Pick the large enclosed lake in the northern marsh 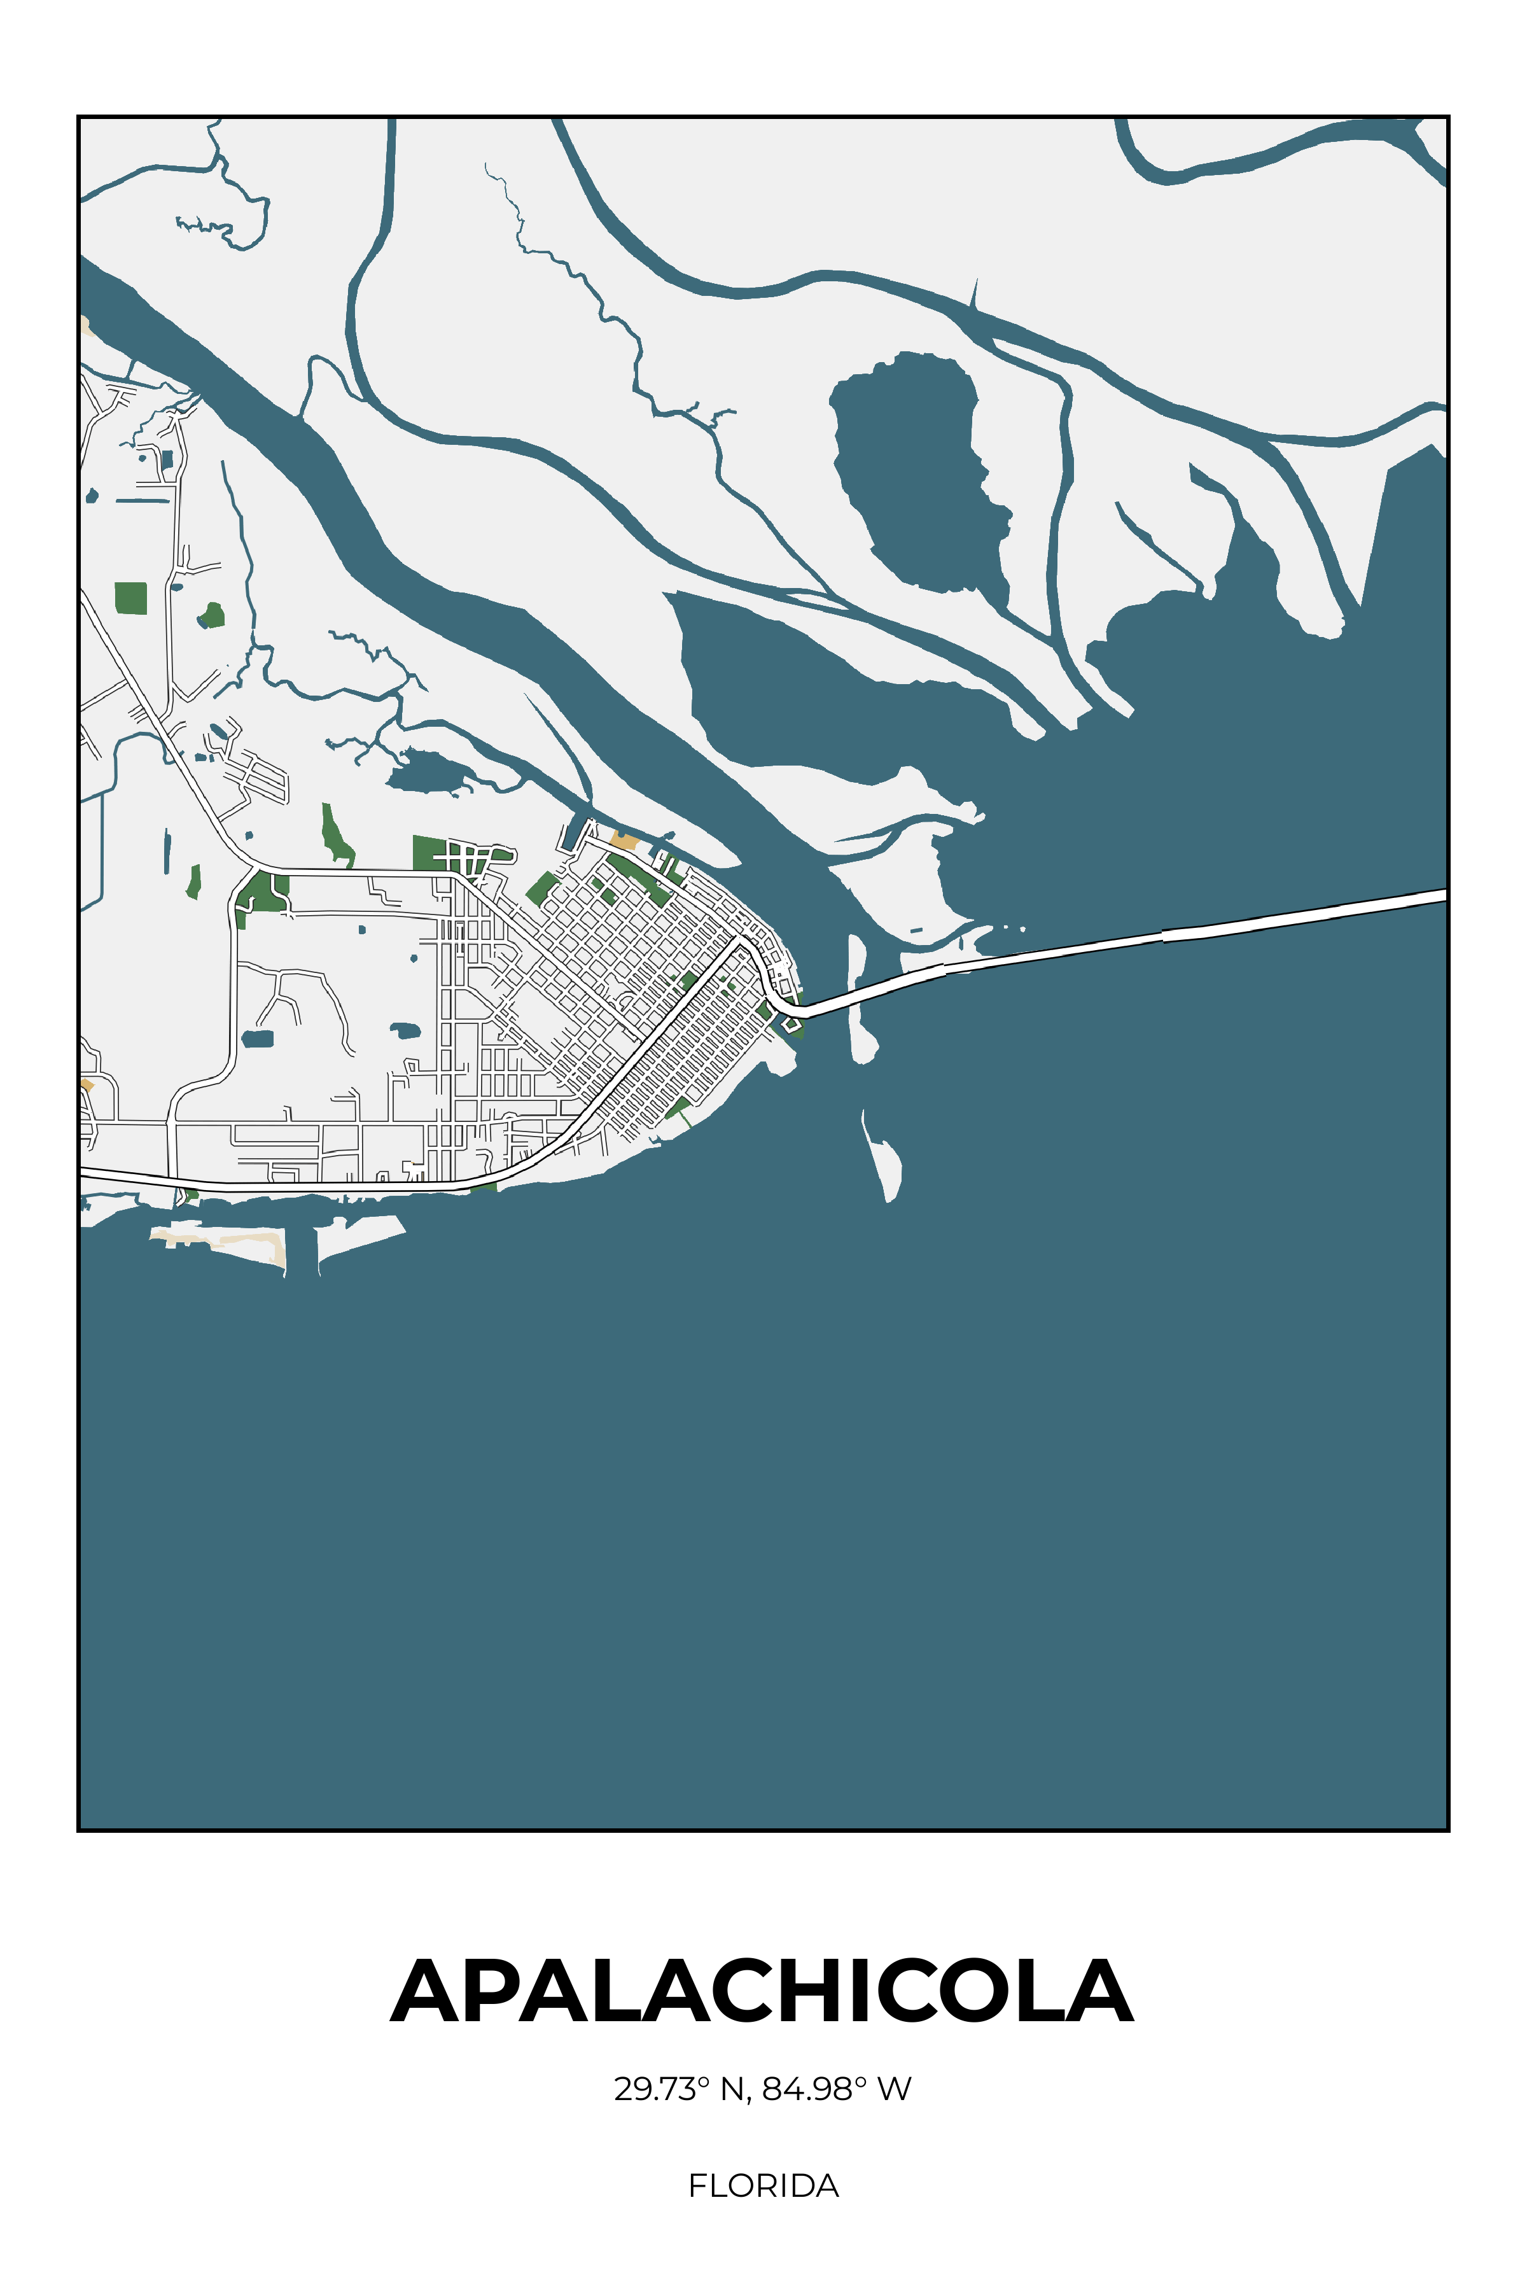916,468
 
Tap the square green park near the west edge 130,598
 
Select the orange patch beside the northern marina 624,839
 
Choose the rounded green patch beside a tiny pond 213,615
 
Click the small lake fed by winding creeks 428,769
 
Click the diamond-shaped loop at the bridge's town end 791,1024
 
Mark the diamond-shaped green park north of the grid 543,888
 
